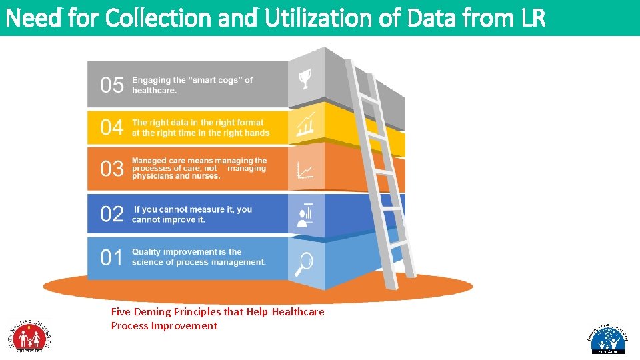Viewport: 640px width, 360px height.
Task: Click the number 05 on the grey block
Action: coord(112,85)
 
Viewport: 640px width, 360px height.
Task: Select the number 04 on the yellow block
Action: coord(112,127)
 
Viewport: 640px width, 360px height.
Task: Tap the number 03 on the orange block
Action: coord(112,169)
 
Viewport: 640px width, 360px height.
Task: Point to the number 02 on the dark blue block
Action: coord(112,214)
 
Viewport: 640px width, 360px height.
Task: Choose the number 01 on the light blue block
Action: coord(112,257)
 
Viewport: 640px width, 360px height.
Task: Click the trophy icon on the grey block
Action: coord(305,81)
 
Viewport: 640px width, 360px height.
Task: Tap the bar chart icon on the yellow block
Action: coord(305,125)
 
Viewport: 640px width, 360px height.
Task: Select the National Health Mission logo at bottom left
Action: coord(29,335)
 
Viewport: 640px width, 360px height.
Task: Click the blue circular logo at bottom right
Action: coord(607,339)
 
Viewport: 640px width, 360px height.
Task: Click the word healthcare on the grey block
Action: coord(155,91)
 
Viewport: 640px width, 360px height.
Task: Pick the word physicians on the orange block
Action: coord(152,176)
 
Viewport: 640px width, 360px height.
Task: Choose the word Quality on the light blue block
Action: coord(147,252)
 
